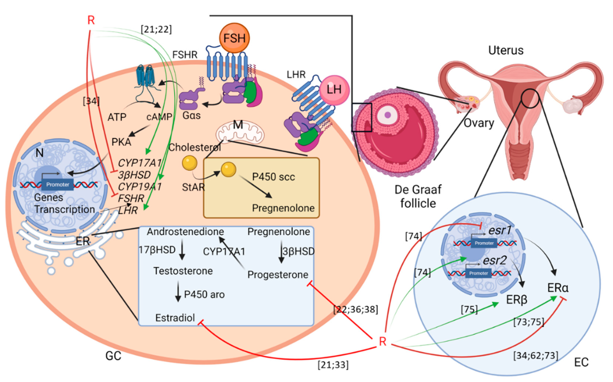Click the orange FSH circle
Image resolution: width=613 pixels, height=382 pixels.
point(234,38)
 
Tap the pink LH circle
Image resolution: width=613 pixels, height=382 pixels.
point(334,90)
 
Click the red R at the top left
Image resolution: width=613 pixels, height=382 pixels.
point(91,20)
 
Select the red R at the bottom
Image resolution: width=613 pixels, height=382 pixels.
point(383,342)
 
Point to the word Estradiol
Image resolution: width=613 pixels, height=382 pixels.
point(175,318)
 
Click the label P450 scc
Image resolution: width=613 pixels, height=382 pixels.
point(273,177)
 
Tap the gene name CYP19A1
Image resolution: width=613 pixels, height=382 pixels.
point(140,187)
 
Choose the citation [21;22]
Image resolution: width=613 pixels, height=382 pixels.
point(156,29)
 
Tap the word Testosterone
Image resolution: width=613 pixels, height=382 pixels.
point(183,271)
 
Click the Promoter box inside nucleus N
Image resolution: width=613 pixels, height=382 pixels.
point(58,185)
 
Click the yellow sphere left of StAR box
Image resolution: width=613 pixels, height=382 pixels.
point(189,163)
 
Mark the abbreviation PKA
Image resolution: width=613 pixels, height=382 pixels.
point(121,142)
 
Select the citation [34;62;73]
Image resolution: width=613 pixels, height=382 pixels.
point(535,355)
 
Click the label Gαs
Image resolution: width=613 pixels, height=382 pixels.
point(191,116)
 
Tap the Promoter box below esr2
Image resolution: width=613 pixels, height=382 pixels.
point(478,273)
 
